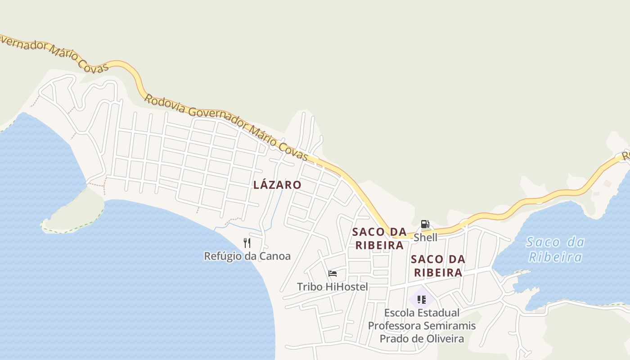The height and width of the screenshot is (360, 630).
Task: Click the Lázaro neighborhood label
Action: coord(277,184)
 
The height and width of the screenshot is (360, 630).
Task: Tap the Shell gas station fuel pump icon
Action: coord(425,224)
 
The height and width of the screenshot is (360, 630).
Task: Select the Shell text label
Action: coord(425,237)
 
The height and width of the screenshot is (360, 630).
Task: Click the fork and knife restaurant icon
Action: coord(247,243)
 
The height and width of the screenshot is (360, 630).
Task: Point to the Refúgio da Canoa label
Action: coord(247,256)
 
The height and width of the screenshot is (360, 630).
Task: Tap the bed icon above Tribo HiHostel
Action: coord(333,274)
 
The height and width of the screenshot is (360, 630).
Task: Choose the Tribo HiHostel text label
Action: coord(332,287)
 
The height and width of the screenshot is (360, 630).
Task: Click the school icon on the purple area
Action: coord(422,299)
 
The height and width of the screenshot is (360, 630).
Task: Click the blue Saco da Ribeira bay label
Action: coord(555,249)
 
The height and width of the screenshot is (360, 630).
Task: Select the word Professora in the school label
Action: coord(394,325)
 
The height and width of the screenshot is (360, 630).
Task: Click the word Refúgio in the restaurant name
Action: coord(220,256)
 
